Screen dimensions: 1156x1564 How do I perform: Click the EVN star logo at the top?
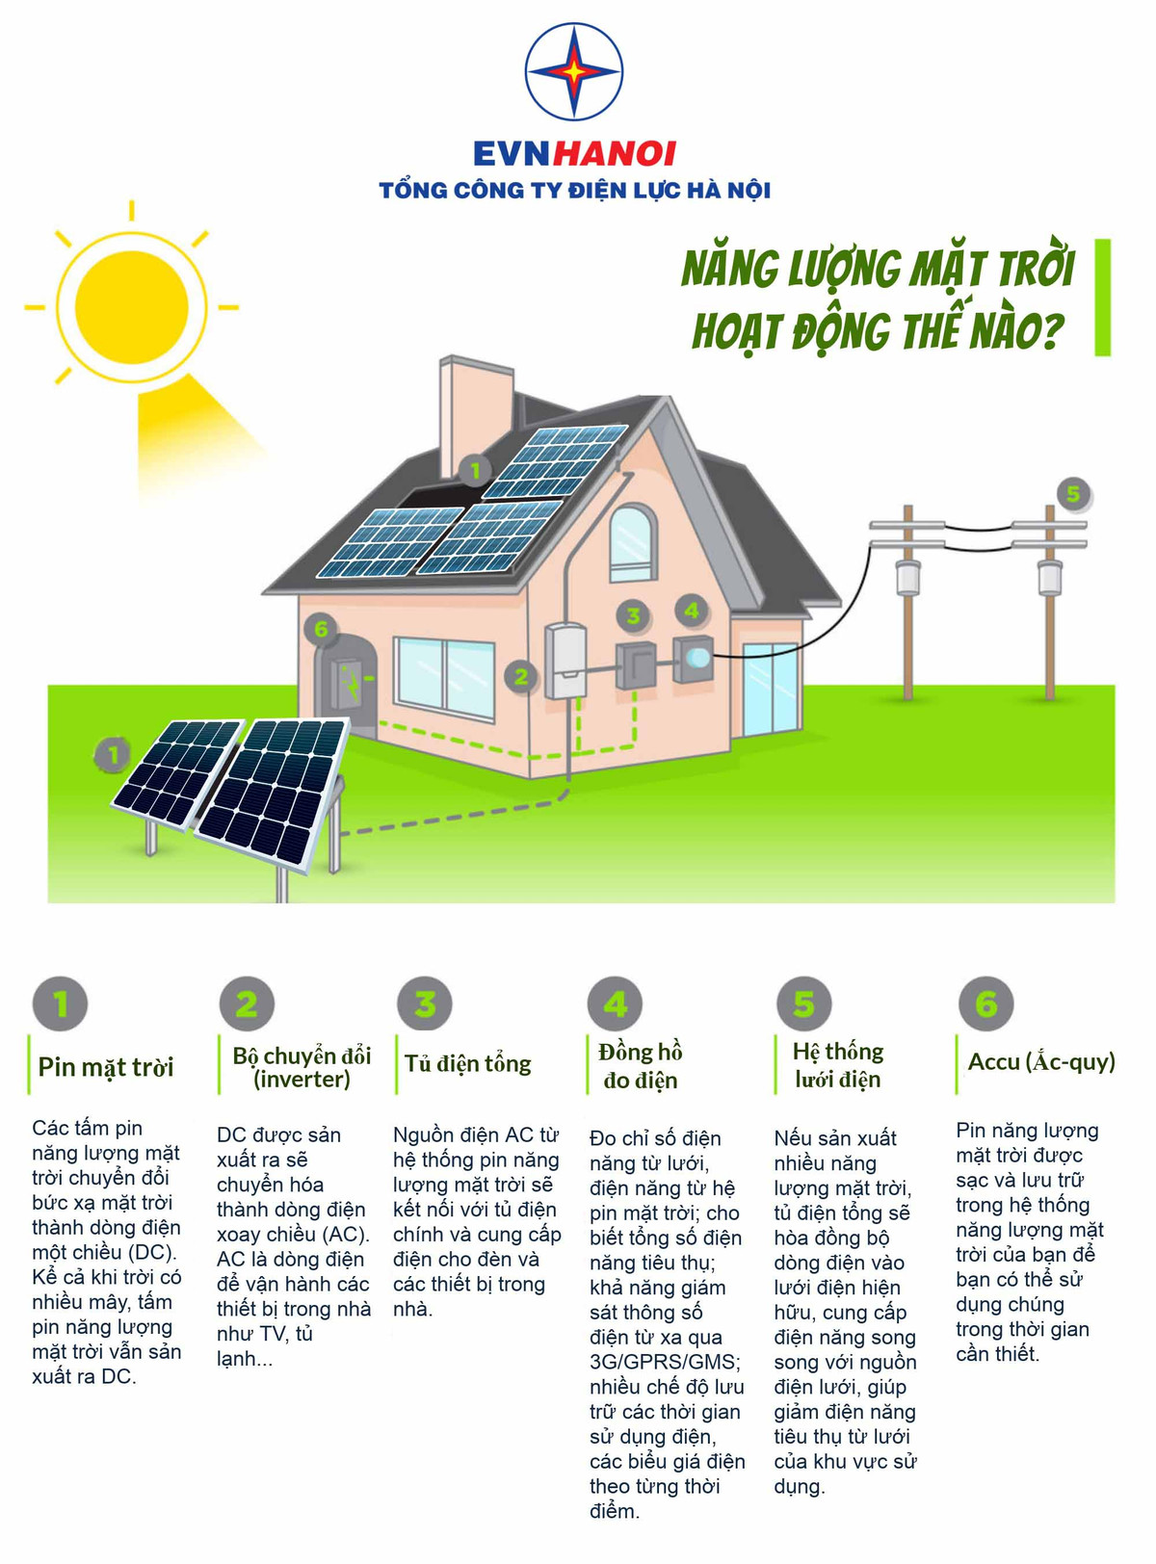click(573, 71)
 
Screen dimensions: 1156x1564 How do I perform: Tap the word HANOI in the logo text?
click(614, 154)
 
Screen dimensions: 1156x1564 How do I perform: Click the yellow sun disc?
click(131, 307)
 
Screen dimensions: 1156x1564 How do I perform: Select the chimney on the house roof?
click(475, 417)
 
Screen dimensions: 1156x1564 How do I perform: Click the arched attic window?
click(633, 543)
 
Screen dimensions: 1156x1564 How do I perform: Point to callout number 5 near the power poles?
click(1073, 494)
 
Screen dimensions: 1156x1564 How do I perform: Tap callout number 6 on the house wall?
click(322, 628)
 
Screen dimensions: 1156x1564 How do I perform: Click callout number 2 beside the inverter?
click(521, 677)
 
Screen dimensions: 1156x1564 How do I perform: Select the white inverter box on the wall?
click(565, 661)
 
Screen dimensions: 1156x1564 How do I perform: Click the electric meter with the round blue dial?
click(693, 659)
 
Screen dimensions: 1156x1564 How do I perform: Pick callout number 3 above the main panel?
click(633, 614)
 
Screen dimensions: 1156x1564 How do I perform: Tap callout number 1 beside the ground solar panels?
click(113, 755)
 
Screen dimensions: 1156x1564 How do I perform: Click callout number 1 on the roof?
click(475, 470)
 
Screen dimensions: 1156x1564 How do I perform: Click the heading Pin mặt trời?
click(106, 1067)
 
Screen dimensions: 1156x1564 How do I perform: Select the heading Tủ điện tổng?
click(467, 1063)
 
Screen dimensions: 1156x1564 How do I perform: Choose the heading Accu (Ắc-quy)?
click(1041, 1061)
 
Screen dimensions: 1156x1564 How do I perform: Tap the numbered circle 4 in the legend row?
click(615, 1004)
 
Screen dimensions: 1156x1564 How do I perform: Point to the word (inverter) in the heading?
click(302, 1079)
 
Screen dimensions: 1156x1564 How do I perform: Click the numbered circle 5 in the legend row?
click(804, 1004)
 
